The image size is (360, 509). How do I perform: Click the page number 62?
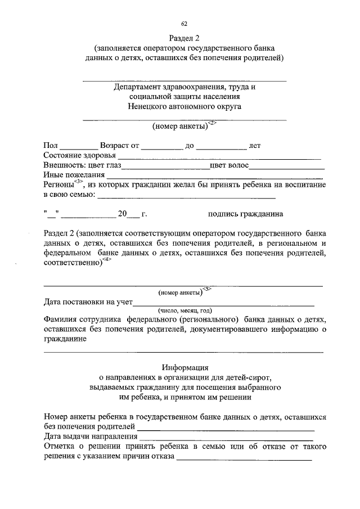tap(184, 23)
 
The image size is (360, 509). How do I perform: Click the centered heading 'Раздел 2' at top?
tap(184, 38)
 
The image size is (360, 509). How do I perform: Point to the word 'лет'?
tap(255, 146)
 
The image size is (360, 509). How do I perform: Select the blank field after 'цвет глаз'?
tap(165, 165)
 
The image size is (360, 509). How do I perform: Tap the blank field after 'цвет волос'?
tap(287, 165)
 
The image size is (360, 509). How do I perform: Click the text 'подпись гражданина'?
tap(245, 214)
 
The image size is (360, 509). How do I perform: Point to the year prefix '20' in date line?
tap(122, 214)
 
